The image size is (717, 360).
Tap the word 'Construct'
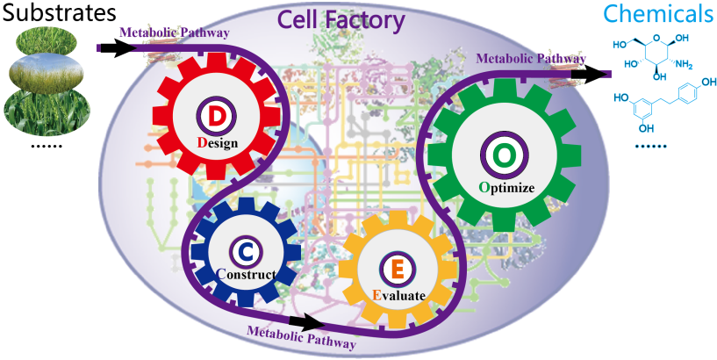tap(247, 275)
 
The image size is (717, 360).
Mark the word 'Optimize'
tap(507, 186)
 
